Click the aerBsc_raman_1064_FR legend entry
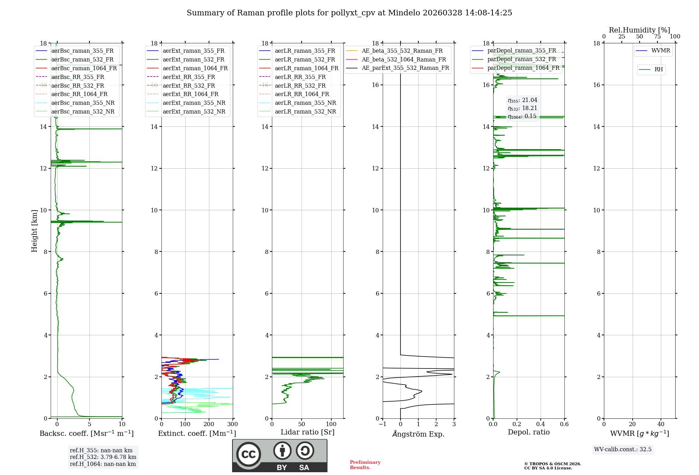[x=84, y=68]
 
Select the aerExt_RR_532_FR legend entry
[x=189, y=86]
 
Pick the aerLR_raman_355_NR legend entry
[x=305, y=103]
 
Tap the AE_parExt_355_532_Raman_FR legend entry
[x=405, y=68]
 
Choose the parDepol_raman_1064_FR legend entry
[x=523, y=68]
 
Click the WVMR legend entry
[x=661, y=51]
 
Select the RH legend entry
[x=658, y=70]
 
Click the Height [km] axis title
[x=34, y=231]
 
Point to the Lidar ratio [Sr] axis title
[x=308, y=432]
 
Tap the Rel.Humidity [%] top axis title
[x=639, y=30]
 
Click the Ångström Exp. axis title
[x=418, y=434]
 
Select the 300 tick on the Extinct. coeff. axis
[x=232, y=424]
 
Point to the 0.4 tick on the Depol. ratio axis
[x=540, y=424]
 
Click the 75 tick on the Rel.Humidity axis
[x=657, y=37]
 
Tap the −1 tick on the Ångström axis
[x=382, y=424]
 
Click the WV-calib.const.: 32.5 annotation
[x=623, y=449]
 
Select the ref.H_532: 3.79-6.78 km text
[x=103, y=457]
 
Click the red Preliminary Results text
[x=365, y=465]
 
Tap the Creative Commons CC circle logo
[x=248, y=454]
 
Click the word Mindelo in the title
[x=404, y=13]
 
